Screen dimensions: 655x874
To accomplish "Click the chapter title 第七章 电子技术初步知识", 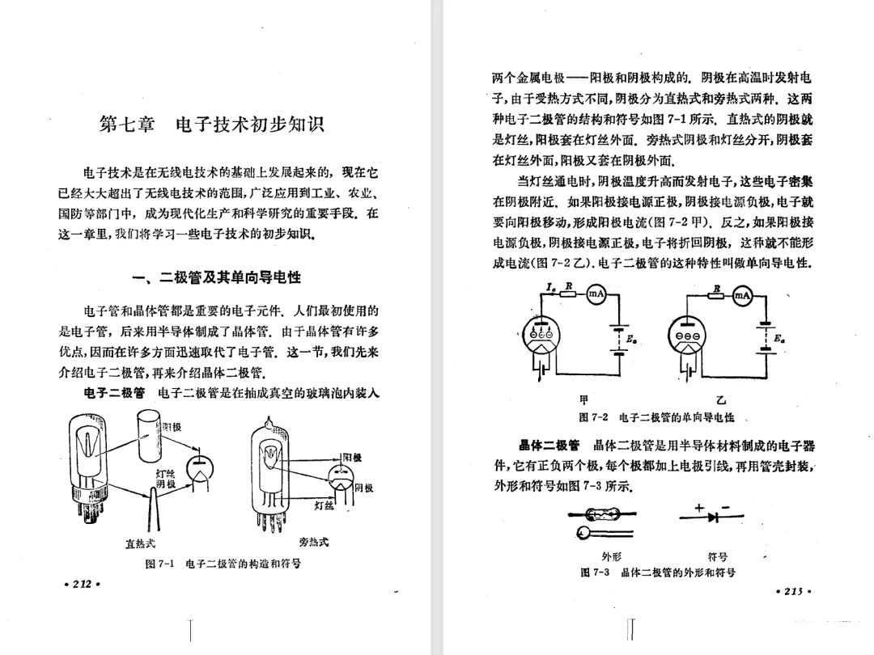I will (211, 125).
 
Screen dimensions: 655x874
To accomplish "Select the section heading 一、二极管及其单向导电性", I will (216, 277).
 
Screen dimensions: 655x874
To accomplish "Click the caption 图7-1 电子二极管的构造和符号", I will (223, 564).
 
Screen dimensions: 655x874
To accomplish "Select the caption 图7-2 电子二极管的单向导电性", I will (657, 417).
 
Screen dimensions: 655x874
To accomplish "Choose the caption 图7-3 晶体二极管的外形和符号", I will (657, 572).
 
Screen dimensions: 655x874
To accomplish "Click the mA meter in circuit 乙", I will (742, 297).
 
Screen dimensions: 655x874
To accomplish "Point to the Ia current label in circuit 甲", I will (551, 286).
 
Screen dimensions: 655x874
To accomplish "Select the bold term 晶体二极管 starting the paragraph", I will (549, 446).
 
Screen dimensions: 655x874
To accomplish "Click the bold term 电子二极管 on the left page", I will (114, 394).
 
